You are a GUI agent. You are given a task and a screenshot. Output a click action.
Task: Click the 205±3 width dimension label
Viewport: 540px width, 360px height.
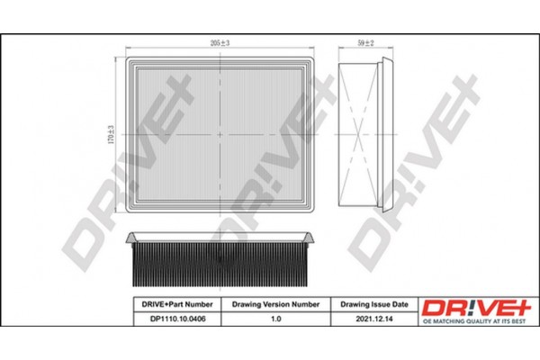(x=219, y=43)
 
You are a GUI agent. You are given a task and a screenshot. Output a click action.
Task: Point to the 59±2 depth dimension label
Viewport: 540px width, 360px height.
(x=366, y=43)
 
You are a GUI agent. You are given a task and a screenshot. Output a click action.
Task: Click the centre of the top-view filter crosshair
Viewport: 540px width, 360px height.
(x=220, y=132)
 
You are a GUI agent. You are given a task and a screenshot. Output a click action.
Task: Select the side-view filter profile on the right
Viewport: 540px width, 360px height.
(x=366, y=132)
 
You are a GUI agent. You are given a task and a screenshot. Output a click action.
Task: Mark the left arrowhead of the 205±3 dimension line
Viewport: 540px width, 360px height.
(x=124, y=49)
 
